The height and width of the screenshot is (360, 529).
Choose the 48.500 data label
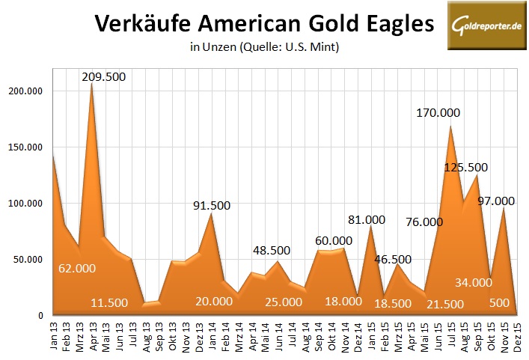[x=274, y=250]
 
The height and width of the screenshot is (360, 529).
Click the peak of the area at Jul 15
[x=450, y=126]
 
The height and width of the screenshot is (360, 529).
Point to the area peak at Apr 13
[x=92, y=82]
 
